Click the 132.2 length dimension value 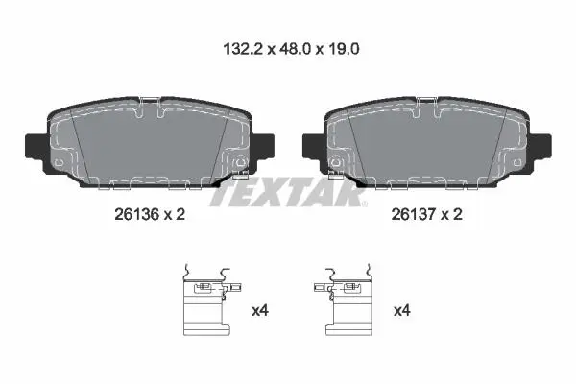(243, 49)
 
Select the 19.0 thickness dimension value (344, 49)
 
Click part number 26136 (136, 214)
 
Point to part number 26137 (413, 214)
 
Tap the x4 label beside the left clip (260, 311)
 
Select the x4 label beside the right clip (402, 311)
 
